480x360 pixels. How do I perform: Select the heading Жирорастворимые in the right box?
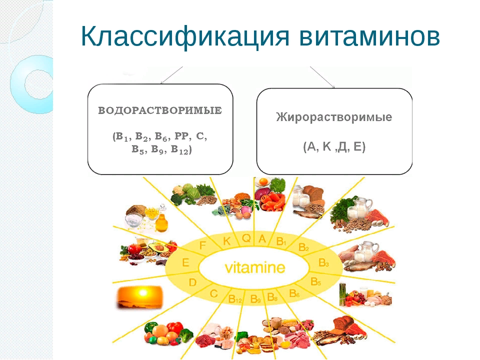pyautogui.click(x=334, y=117)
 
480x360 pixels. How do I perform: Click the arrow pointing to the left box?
pyautogui.click(x=170, y=76)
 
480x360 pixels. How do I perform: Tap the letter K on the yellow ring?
pyautogui.click(x=227, y=241)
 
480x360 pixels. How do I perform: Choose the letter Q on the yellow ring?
pyautogui.click(x=246, y=238)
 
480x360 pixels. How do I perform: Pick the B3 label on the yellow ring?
pyautogui.click(x=323, y=262)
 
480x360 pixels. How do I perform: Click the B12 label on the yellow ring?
pyautogui.click(x=235, y=298)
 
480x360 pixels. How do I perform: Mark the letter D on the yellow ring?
pyautogui.click(x=192, y=282)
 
